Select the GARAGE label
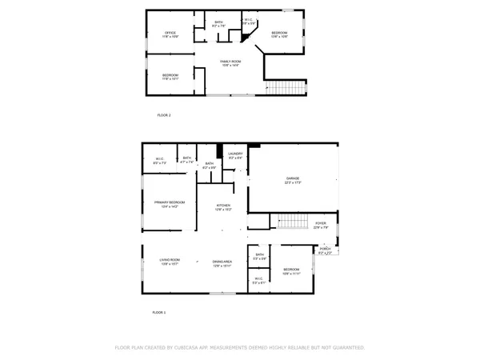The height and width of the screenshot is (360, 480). (294, 181)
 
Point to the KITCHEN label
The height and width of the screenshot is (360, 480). (223, 207)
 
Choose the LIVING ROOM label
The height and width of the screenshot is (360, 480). (169, 261)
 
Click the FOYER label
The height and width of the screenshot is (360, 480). (320, 225)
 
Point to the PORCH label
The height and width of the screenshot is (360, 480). (325, 250)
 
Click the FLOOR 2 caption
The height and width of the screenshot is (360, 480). (163, 115)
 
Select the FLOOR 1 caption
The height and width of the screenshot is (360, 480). (158, 312)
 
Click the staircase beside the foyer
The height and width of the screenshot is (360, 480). (292, 222)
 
